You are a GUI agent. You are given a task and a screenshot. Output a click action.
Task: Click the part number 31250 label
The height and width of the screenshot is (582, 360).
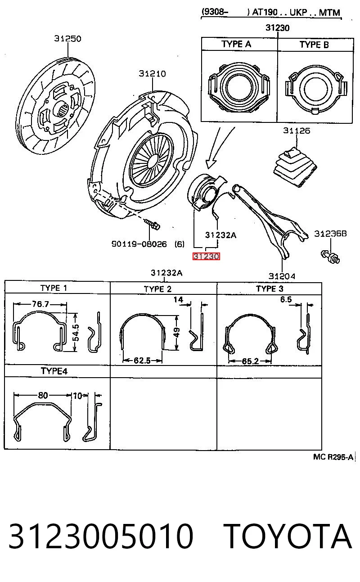point(67,39)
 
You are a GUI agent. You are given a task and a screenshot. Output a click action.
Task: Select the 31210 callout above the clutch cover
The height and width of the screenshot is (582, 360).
point(152,74)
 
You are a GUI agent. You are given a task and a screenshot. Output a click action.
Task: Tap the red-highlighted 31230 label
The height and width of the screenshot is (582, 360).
point(206,257)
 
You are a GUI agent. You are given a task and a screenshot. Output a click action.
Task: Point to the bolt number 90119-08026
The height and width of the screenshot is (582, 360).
point(139,244)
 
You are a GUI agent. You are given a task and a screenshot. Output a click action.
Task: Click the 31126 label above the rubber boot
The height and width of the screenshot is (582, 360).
point(297,131)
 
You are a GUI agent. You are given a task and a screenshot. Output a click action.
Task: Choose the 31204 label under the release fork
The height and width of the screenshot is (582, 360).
point(282,276)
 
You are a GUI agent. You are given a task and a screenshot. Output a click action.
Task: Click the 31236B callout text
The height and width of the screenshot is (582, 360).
point(330,234)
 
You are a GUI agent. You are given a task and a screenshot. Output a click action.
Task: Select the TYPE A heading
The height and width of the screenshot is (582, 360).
point(236,44)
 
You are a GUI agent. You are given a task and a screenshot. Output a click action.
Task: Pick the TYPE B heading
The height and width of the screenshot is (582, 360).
point(314,45)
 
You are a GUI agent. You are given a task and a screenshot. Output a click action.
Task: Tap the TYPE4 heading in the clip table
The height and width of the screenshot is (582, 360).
point(54,371)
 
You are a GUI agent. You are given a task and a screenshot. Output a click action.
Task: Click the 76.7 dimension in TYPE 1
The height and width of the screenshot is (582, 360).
point(40,304)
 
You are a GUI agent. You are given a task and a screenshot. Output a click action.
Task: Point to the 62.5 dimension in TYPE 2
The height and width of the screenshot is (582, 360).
point(142,361)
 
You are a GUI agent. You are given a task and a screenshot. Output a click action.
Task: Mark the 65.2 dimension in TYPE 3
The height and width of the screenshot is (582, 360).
point(250,361)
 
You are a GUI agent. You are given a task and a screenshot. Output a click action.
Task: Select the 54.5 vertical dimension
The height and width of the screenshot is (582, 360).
point(76,332)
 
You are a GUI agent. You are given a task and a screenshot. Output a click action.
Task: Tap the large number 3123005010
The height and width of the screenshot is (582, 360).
point(101,537)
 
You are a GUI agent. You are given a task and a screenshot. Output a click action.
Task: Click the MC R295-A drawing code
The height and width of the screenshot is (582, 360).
point(333,457)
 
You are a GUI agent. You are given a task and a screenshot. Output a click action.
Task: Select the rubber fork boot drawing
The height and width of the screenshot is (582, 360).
point(295,167)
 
